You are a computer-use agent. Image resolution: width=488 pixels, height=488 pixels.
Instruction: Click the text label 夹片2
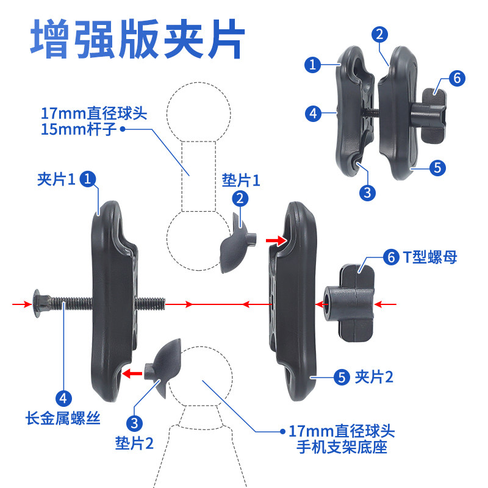(374, 377)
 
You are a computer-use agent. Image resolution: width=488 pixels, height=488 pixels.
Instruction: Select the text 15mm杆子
(77, 129)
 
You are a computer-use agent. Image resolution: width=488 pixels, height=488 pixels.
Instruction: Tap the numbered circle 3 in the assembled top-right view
(367, 193)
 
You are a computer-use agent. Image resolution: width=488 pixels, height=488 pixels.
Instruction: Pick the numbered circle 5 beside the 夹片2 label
(341, 377)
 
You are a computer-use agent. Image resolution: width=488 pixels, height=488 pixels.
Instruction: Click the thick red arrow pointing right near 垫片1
(276, 242)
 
